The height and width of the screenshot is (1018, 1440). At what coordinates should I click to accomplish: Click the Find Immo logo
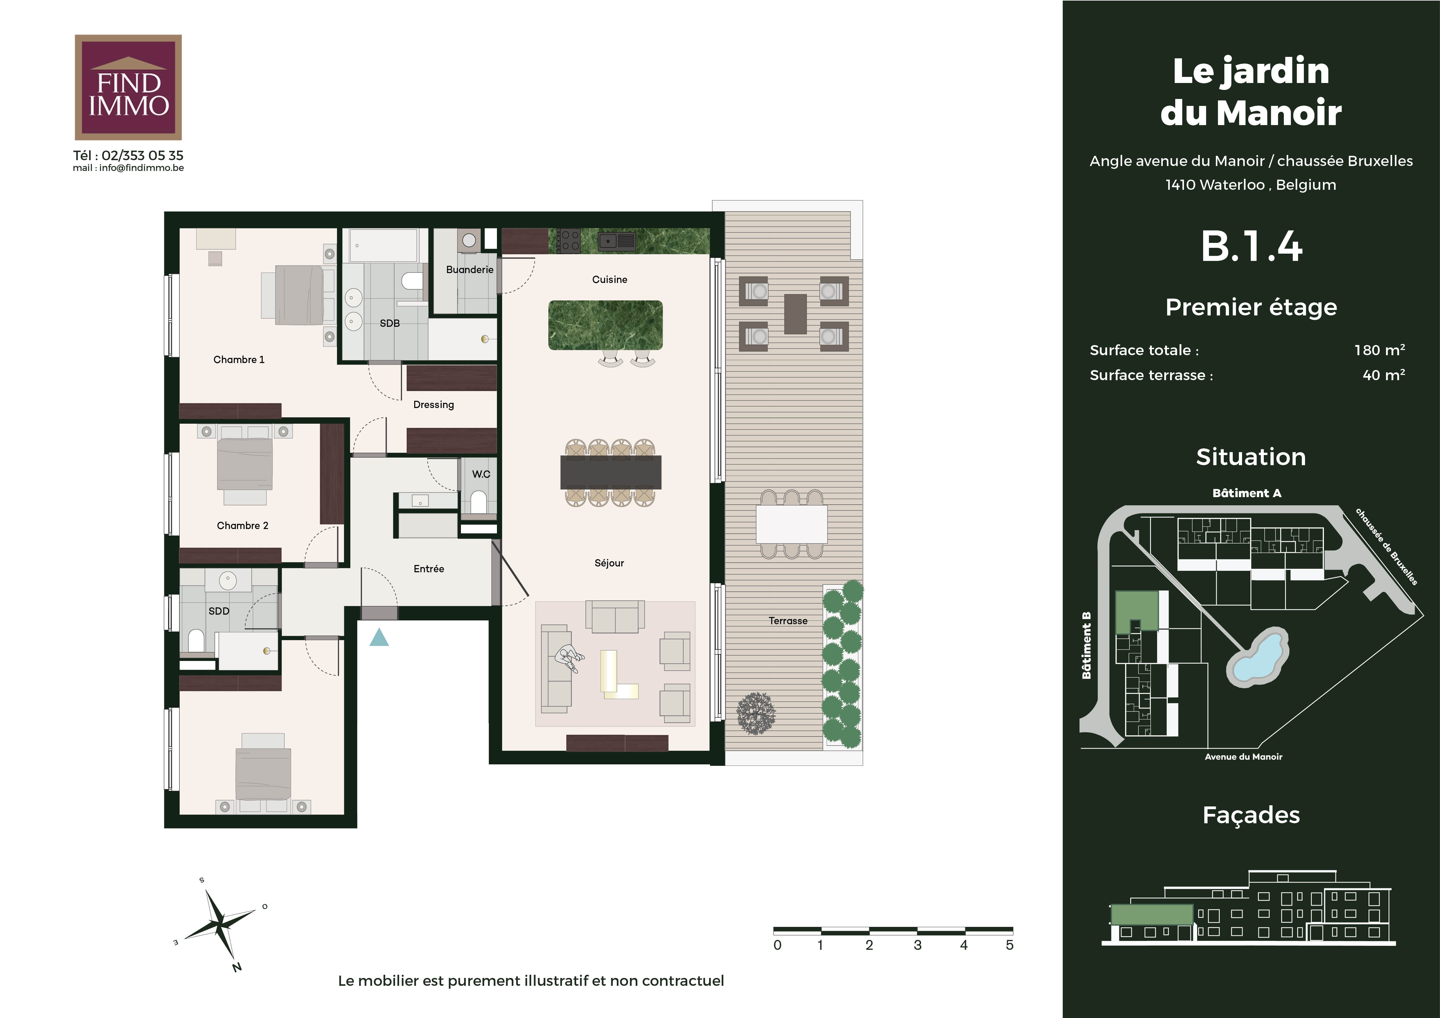click(x=128, y=87)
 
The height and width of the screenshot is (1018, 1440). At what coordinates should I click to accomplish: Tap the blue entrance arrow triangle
click(x=379, y=638)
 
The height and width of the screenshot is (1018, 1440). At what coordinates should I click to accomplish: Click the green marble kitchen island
click(x=605, y=325)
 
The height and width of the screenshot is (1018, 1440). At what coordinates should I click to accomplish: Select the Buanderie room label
click(x=470, y=270)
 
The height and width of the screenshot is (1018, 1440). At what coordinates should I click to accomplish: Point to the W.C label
click(x=481, y=474)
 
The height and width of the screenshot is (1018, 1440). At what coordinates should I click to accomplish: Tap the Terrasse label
click(x=788, y=620)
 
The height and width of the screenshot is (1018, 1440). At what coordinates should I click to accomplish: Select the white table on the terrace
click(x=792, y=524)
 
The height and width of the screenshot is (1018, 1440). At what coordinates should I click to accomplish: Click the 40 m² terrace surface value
click(x=1384, y=375)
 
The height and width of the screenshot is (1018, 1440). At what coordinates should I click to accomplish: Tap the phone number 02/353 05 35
click(x=142, y=156)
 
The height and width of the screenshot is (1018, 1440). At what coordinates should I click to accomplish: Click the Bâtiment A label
click(x=1247, y=493)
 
